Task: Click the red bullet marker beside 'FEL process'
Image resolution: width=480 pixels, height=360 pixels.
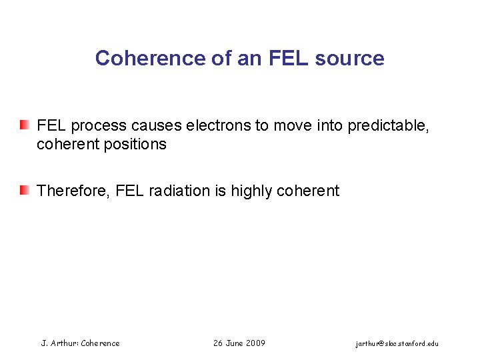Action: tap(25, 125)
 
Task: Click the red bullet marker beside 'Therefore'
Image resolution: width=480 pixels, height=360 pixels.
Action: tap(25, 191)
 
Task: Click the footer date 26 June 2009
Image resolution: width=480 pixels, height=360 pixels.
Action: tap(239, 343)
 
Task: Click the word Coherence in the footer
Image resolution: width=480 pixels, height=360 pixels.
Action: tap(100, 343)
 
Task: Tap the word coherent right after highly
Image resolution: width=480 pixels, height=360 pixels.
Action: tap(308, 191)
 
